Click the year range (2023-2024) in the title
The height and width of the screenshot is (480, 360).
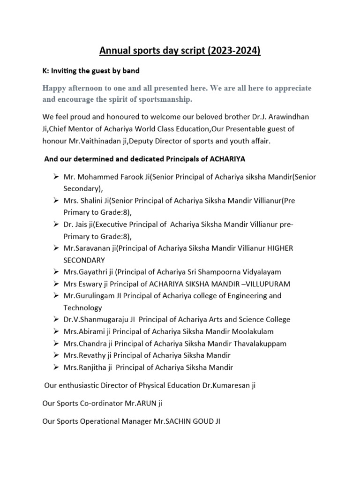click(232, 51)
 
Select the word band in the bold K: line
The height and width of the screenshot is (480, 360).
click(130, 71)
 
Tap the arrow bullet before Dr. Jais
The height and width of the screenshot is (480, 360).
click(55, 225)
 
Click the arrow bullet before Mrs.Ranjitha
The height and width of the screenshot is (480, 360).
click(55, 367)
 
